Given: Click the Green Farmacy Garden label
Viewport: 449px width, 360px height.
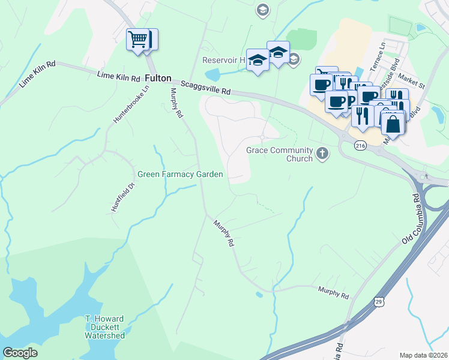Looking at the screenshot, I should [x=180, y=175].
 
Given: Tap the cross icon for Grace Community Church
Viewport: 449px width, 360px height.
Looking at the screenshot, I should [x=323, y=154].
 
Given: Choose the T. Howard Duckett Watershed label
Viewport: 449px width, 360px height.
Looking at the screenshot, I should [x=104, y=327].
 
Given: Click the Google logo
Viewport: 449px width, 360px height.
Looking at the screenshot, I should [x=20, y=353].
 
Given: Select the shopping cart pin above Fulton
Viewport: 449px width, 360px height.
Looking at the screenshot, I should [x=138, y=40].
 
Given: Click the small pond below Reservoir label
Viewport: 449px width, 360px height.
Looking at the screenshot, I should [x=212, y=75].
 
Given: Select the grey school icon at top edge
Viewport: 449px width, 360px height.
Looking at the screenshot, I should [x=262, y=10].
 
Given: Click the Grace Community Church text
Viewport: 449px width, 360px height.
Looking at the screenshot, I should [x=280, y=154].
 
